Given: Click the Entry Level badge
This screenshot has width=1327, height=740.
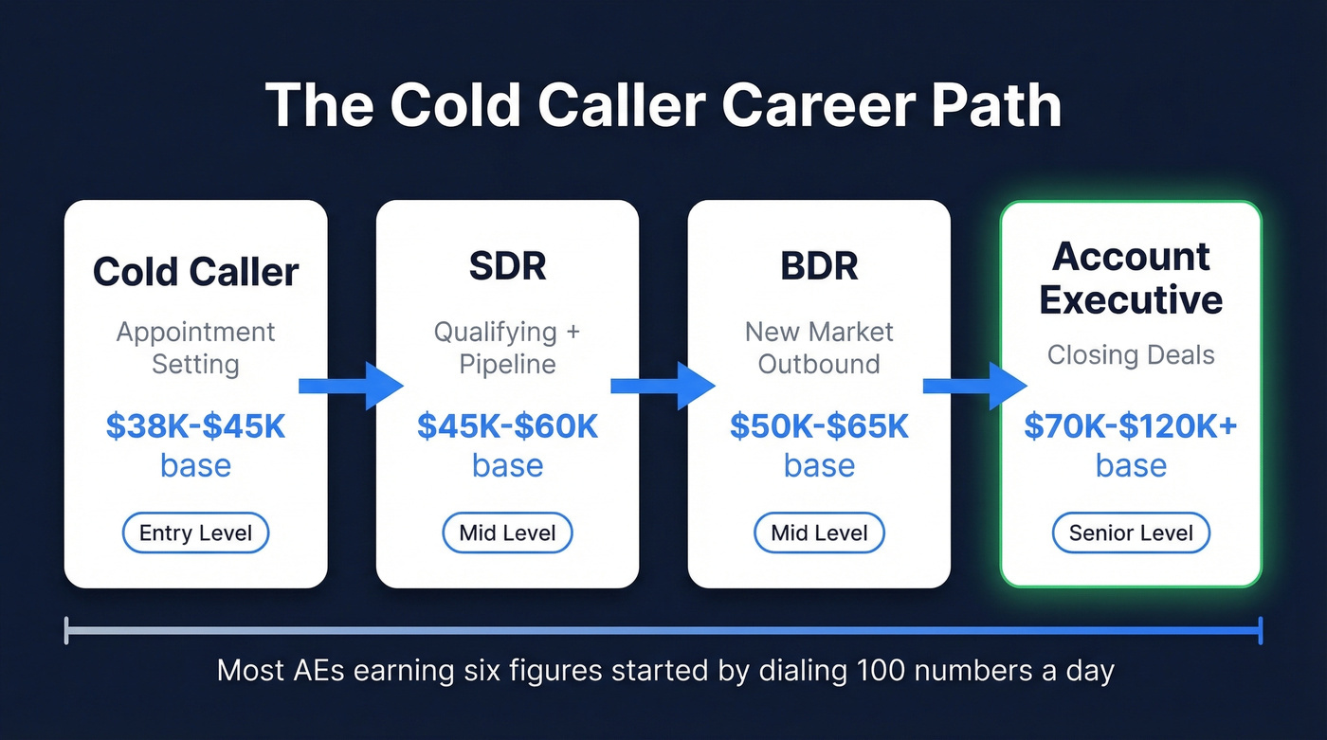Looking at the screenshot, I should click(195, 533).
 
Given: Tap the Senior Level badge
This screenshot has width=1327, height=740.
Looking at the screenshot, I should click(1131, 533).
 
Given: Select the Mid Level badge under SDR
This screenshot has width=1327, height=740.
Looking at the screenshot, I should click(507, 533).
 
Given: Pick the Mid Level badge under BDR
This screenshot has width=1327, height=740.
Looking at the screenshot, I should click(819, 533).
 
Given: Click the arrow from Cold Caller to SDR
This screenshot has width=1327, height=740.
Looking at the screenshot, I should click(351, 386).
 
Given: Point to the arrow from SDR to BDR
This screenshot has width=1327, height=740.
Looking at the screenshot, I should click(663, 386).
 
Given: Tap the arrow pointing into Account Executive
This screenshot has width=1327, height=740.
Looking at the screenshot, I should click(975, 386).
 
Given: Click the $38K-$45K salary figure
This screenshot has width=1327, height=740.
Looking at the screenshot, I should click(195, 426).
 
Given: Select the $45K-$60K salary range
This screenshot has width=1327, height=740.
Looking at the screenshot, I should click(507, 426).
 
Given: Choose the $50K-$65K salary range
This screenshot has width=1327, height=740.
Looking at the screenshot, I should click(819, 426).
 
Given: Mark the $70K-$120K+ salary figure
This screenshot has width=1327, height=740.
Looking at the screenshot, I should click(1131, 426).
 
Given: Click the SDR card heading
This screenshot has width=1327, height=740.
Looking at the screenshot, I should click(507, 267).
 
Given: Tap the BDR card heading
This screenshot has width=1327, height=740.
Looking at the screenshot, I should click(819, 267).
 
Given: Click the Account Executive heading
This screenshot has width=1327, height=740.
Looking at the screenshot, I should click(1131, 279).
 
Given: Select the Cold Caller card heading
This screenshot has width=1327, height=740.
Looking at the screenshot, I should click(195, 272).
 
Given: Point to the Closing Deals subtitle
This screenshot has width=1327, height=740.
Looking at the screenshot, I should click(1131, 355).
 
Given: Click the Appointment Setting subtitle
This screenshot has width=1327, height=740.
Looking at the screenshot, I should click(195, 348).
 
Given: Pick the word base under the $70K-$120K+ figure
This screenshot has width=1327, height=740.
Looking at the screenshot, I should click(1131, 466).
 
